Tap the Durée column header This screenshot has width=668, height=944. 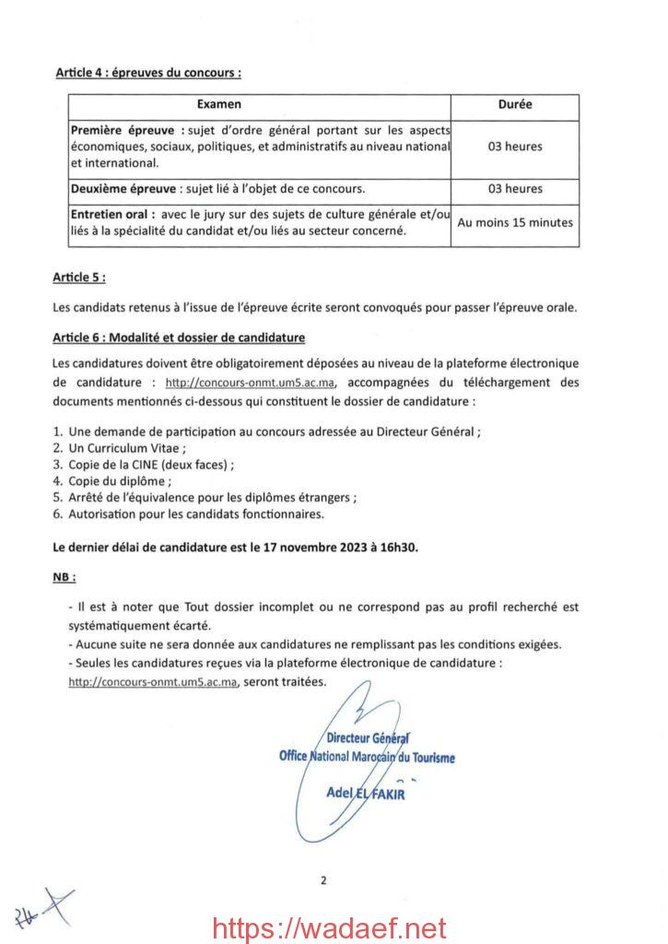click(x=515, y=105)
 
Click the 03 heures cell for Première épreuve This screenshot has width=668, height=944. click(x=515, y=147)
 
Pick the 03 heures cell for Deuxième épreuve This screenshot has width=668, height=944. click(x=515, y=189)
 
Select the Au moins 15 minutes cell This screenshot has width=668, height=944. click(x=515, y=222)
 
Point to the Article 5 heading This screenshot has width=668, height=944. click(x=79, y=277)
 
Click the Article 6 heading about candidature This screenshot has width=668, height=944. click(x=179, y=338)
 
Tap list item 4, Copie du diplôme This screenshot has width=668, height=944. click(x=119, y=481)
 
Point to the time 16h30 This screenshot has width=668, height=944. click(x=401, y=547)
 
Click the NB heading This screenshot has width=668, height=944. click(x=64, y=577)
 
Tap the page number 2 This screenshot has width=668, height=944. click(x=323, y=879)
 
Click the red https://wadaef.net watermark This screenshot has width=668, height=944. click(x=329, y=926)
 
